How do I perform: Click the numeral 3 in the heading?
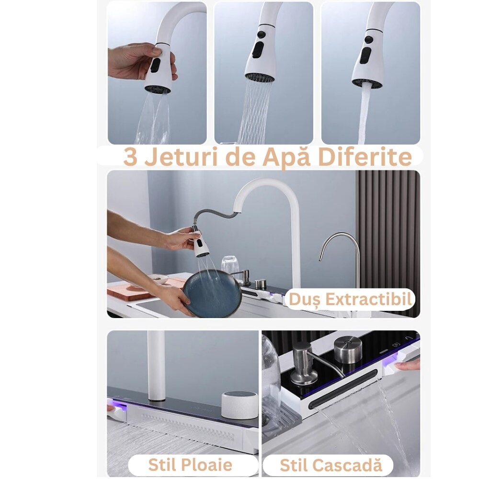[131, 157]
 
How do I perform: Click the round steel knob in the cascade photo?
[348, 350]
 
